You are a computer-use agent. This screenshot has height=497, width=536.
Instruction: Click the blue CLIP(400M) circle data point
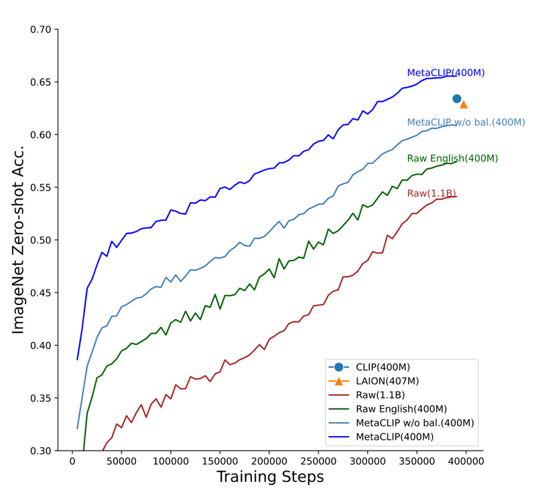(x=457, y=99)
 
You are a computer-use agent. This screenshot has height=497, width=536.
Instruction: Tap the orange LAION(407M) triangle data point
(x=464, y=104)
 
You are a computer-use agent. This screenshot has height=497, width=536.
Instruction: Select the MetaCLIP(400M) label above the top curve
(x=446, y=73)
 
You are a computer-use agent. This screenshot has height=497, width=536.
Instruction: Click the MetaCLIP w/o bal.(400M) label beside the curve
(x=466, y=122)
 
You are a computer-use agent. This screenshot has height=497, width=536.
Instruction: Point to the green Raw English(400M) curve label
(x=452, y=159)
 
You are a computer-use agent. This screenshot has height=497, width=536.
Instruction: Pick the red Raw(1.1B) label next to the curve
(x=431, y=193)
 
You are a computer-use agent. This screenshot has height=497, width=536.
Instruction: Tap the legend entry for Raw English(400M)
(x=401, y=409)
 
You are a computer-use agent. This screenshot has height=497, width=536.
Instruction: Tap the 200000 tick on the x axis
(x=269, y=461)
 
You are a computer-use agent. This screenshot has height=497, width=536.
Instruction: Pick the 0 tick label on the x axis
(x=72, y=461)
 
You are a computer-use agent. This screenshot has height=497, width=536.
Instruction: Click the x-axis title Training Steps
(x=270, y=477)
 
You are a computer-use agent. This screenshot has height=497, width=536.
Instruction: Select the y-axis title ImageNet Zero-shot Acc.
(x=18, y=239)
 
